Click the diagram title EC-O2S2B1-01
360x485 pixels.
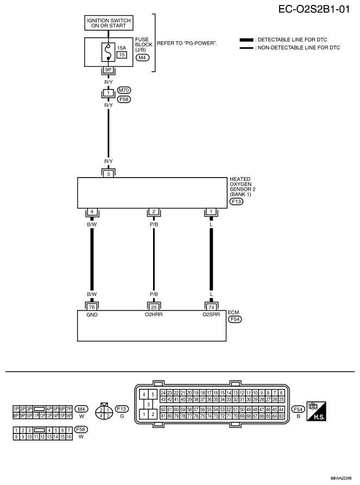314,9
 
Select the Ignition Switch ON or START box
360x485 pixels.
109,23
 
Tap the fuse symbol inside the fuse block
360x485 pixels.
108,52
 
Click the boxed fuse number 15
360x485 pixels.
122,55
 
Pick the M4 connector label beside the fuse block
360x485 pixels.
142,58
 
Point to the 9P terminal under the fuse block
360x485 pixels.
108,70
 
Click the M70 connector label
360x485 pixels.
124,90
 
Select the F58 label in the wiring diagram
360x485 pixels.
124,99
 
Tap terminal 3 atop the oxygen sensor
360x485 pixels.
108,174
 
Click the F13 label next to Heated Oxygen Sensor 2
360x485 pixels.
236,201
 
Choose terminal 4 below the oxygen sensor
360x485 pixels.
92,212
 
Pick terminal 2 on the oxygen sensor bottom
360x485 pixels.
154,212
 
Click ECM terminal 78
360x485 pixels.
92,307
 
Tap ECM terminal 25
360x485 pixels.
154,307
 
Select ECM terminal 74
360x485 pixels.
211,307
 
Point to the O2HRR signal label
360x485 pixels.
154,314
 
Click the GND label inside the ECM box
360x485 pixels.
92,315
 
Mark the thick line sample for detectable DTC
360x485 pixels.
246,40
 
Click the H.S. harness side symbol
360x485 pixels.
316,411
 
